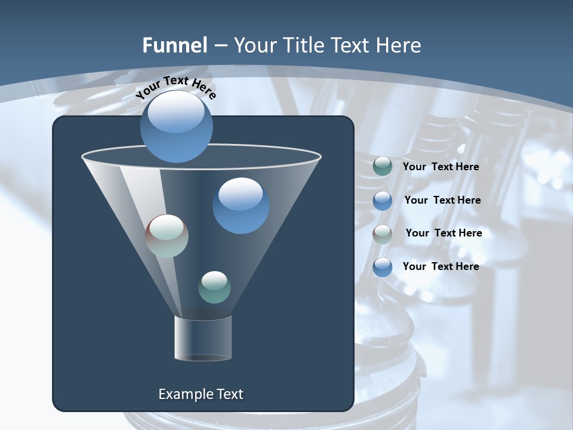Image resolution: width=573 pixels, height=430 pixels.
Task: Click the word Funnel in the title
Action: click(175, 45)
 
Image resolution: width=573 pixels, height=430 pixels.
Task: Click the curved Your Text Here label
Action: click(175, 87)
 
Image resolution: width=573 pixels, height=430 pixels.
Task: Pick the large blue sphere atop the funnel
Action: click(176, 127)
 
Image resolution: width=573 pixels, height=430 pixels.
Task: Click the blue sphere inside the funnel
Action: click(241, 205)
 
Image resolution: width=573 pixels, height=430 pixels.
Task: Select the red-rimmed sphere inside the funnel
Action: click(167, 236)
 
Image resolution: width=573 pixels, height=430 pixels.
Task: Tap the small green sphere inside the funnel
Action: click(214, 287)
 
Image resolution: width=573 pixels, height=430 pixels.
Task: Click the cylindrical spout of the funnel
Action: click(203, 338)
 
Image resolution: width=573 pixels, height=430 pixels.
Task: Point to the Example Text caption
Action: click(201, 394)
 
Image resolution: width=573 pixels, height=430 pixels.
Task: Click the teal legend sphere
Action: click(382, 167)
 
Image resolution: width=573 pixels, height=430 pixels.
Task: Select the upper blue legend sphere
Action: click(382, 201)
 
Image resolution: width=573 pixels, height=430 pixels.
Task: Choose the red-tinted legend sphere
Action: click(382, 234)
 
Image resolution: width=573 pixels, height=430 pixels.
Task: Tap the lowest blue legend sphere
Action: click(382, 267)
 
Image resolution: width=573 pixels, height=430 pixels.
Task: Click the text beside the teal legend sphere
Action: click(440, 167)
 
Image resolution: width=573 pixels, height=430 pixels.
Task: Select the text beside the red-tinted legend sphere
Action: click(443, 234)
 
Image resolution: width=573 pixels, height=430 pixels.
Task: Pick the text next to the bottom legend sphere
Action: click(440, 266)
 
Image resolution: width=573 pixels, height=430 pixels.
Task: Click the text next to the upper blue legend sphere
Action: click(442, 201)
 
